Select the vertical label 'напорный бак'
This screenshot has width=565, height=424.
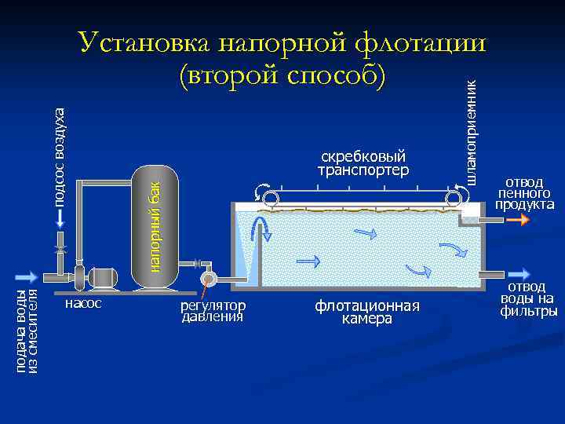tap(155, 227)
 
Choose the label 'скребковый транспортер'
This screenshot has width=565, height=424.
tap(363, 163)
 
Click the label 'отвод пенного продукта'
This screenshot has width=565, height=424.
tap(524, 193)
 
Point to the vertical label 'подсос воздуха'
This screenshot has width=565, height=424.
tap(60, 157)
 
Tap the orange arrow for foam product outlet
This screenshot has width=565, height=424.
tap(518, 221)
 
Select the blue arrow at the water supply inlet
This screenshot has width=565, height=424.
tap(26, 276)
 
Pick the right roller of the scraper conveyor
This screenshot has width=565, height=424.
tap(453, 199)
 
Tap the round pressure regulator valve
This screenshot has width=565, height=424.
tap(208, 280)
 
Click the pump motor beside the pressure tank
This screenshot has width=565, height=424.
tap(102, 277)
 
